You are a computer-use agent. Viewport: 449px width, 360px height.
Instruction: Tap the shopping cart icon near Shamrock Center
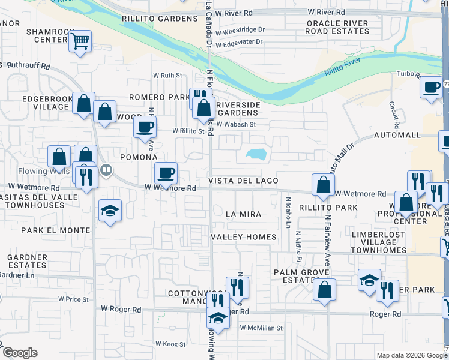tap(79, 41)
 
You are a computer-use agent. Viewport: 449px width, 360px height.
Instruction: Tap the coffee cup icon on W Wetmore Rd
tap(166, 173)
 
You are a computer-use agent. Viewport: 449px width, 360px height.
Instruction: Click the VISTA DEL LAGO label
tap(243, 181)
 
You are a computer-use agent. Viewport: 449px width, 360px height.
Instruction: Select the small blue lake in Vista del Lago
tap(258, 154)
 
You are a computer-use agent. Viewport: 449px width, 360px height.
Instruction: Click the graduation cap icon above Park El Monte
tap(110, 210)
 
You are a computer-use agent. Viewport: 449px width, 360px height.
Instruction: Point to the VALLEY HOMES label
tap(244, 237)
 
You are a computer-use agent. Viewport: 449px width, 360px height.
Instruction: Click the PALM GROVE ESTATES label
tap(295, 276)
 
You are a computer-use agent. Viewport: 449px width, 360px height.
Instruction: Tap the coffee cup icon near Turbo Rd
tap(431, 87)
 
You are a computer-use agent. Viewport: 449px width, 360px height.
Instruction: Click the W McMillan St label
tap(261, 328)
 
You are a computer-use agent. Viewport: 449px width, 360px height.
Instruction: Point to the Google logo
tap(20, 353)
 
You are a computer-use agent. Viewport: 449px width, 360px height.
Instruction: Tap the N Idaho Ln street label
tap(289, 212)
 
